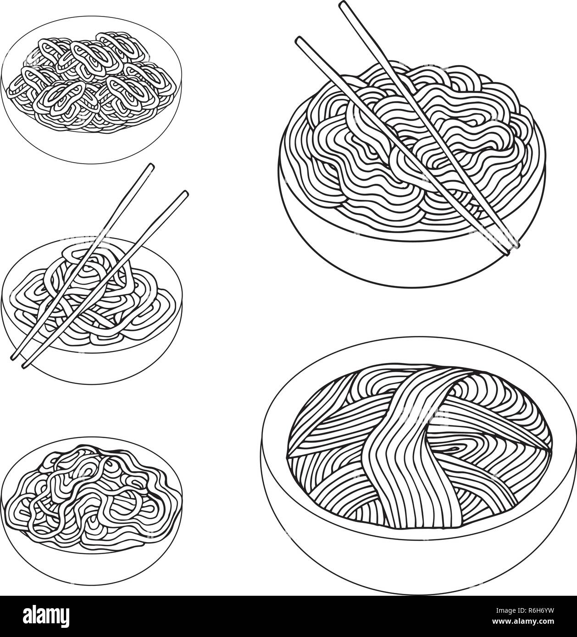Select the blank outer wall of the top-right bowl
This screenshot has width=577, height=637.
click(x=404, y=257)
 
